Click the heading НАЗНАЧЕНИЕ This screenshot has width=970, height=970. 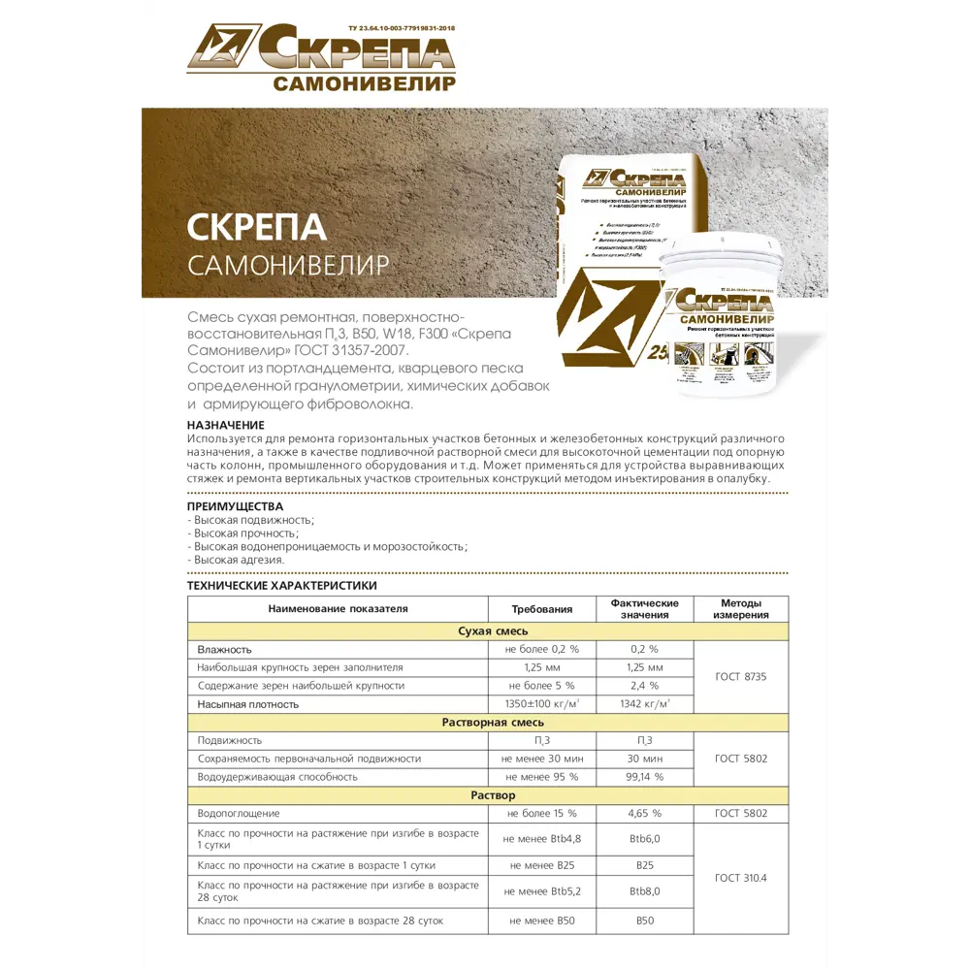[225, 425]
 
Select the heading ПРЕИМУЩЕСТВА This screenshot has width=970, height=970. [235, 506]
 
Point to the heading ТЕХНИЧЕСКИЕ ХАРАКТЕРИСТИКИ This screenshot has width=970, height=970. [281, 586]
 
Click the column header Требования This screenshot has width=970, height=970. [542, 609]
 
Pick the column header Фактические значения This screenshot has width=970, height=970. [644, 609]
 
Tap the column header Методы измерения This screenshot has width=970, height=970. [741, 609]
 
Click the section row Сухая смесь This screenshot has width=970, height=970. [488, 631]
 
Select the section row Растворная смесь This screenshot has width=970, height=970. [488, 723]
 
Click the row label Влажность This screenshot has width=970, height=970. [225, 649]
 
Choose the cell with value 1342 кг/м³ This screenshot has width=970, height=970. [644, 704]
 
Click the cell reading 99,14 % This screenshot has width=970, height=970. [644, 777]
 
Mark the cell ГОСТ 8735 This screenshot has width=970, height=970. [741, 676]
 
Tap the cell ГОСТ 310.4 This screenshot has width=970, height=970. [741, 878]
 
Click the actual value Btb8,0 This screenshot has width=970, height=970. [644, 890]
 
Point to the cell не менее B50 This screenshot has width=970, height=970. [542, 920]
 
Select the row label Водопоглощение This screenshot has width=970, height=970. [239, 814]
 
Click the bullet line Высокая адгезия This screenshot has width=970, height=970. [237, 560]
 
